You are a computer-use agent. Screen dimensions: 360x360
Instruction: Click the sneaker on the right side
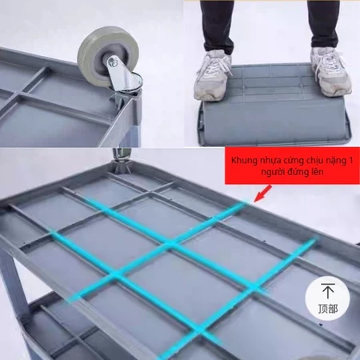[x=330, y=71]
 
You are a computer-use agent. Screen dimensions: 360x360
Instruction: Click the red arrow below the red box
[x=263, y=194]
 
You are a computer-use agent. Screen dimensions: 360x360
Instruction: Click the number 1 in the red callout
[x=351, y=161]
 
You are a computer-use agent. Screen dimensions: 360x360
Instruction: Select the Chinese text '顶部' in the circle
[x=328, y=309]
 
